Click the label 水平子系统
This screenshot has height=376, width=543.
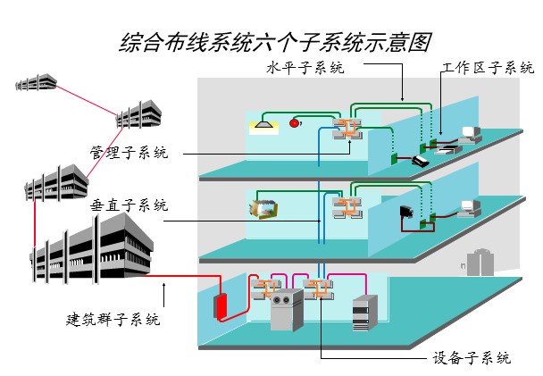tap(305, 68)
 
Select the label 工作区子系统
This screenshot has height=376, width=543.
tap(488, 68)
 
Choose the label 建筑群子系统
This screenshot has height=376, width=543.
tap(113, 318)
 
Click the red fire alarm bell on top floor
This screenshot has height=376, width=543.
tap(295, 123)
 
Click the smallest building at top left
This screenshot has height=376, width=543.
tap(35, 85)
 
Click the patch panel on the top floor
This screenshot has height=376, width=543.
tap(345, 130)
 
